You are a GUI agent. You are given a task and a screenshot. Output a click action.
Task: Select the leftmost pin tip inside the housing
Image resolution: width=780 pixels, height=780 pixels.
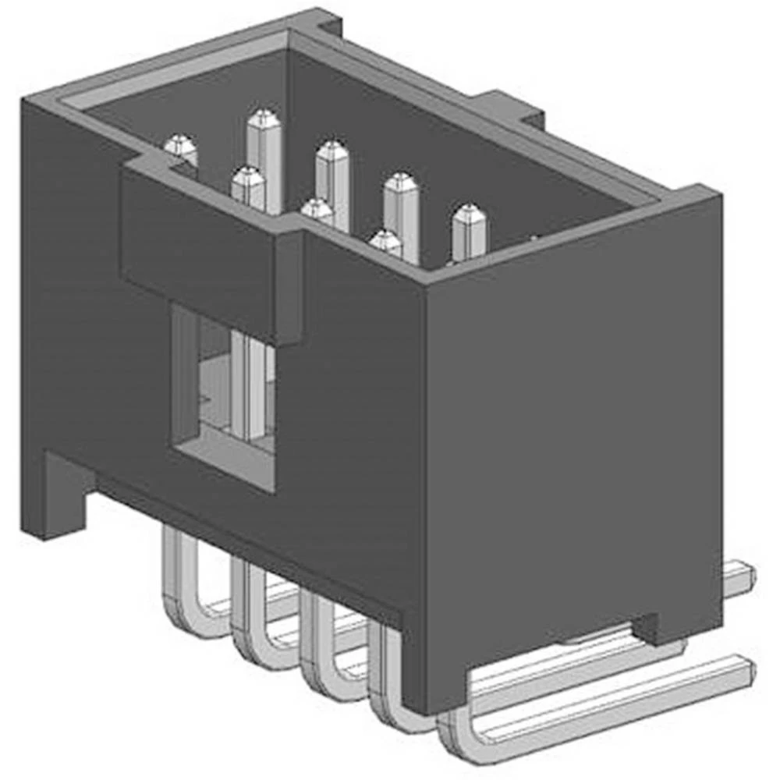pos(181,144)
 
